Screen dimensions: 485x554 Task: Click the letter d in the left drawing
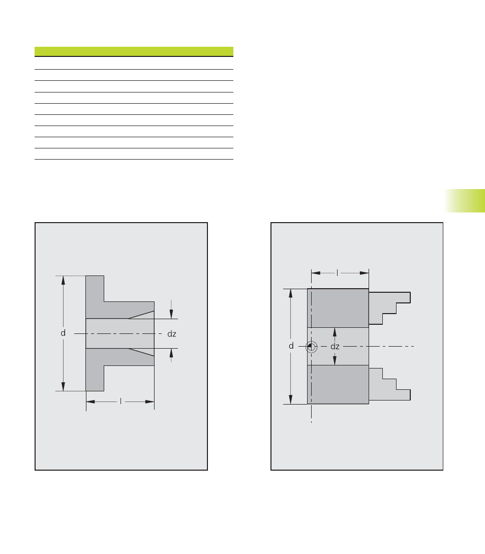click(63, 333)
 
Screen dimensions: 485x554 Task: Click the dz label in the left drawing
click(172, 334)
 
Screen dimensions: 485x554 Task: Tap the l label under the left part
click(121, 402)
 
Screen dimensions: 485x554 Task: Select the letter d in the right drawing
click(291, 346)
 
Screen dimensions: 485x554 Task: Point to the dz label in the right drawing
click(335, 347)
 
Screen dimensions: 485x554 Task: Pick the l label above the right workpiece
click(337, 273)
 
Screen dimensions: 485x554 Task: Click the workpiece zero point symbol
click(311, 347)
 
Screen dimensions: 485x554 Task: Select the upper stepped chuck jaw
click(389, 307)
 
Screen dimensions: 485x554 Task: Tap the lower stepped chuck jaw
click(389, 384)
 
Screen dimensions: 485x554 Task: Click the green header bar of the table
click(134, 51)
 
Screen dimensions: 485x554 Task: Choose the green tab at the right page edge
click(465, 201)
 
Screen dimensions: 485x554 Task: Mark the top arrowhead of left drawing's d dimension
click(63, 280)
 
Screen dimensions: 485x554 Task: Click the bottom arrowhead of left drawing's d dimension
click(63, 386)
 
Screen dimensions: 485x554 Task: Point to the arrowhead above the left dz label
click(171, 314)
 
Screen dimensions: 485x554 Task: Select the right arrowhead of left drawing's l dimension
click(150, 402)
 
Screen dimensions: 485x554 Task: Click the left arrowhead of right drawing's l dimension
click(316, 273)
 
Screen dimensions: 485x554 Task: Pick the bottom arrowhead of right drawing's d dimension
click(291, 399)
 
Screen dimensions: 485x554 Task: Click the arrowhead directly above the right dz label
click(335, 332)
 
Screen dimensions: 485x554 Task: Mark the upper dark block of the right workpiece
click(338, 308)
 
